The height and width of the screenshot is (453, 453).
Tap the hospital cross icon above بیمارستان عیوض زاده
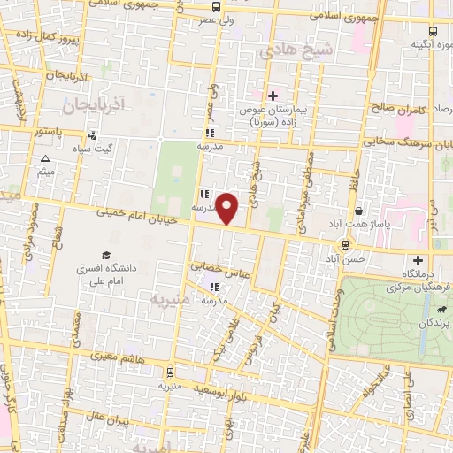273,95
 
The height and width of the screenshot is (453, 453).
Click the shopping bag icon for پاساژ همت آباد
357,211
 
